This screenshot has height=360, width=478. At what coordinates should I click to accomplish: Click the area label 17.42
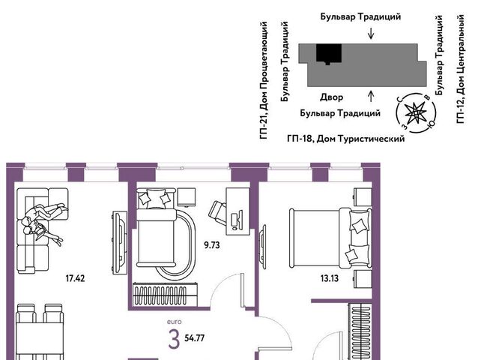coord(76,278)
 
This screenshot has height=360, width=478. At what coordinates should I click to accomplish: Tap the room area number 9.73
coord(212,245)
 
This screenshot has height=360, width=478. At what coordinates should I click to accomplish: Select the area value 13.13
coord(330,278)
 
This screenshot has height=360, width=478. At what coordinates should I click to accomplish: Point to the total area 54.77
coord(195,338)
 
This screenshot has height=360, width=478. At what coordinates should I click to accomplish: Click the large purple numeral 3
coord(174,339)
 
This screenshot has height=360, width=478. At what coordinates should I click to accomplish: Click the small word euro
coord(175,322)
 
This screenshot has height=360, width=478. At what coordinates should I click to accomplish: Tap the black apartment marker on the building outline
coord(329,53)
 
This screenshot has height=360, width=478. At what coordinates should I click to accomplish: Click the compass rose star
coord(415,113)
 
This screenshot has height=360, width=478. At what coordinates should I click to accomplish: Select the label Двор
coord(332,97)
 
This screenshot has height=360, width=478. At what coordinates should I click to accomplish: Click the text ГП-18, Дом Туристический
coord(346,139)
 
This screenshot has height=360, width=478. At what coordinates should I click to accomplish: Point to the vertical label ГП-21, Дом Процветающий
coord(264,80)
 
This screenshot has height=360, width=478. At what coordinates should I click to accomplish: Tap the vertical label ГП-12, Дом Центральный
coord(461,69)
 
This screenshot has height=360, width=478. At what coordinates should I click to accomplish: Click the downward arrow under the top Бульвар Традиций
coord(371,34)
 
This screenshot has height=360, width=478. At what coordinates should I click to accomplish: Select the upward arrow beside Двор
coord(371,96)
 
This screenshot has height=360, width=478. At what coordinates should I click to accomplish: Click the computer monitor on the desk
coord(237,220)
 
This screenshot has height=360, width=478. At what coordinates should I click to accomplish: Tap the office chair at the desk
coord(217,213)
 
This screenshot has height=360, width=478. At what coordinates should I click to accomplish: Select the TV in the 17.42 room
coord(120,242)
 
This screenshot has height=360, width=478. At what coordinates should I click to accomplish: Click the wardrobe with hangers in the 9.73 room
coord(166,295)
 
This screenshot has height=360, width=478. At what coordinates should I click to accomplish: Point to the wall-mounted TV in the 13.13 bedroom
coord(262,247)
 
